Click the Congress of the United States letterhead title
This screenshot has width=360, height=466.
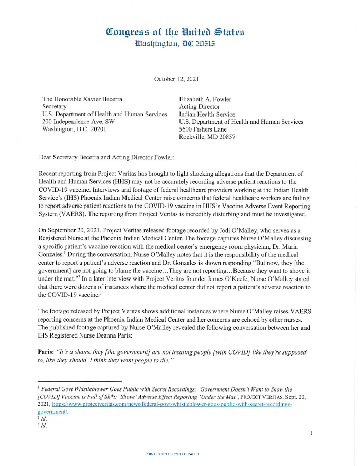(x=175, y=32)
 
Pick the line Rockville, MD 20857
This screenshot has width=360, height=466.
(x=207, y=137)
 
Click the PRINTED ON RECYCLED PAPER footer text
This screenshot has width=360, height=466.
(x=172, y=454)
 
